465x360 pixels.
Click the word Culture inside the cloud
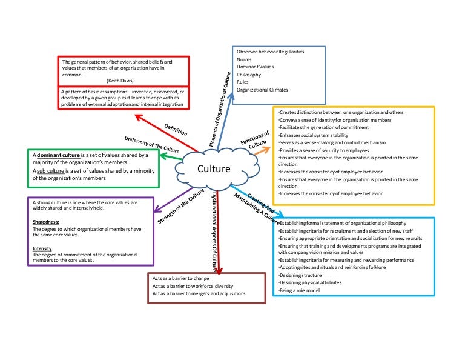click(214, 169)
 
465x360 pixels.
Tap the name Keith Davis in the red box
click(126, 80)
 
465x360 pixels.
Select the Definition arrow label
click(176, 129)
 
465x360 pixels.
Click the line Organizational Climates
click(262, 90)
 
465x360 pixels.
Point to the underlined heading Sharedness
click(46, 222)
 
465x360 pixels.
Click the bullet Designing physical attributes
click(309, 282)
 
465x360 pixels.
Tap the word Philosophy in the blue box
click(249, 75)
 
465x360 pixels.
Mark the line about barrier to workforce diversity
click(193, 285)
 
